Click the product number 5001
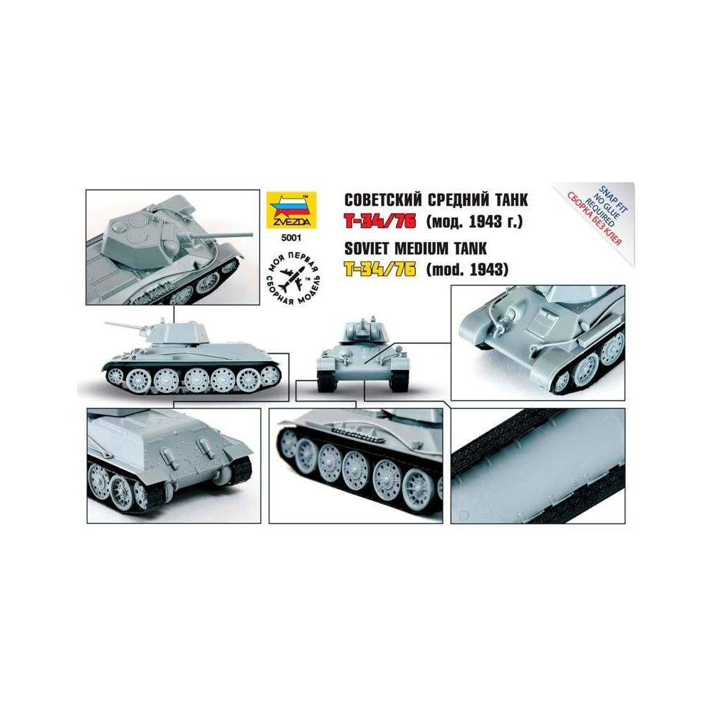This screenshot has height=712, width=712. click(290, 236)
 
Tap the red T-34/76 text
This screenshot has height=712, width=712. click(379, 221)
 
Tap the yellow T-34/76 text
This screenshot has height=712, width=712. click(379, 269)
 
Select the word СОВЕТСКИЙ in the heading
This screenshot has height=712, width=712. click(383, 200)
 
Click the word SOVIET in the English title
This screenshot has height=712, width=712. click(370, 248)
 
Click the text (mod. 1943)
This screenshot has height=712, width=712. click(467, 270)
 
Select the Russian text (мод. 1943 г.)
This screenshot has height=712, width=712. click(474, 221)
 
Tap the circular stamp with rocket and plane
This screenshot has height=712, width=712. click(293, 277)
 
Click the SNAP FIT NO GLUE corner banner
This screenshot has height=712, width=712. click(600, 214)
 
